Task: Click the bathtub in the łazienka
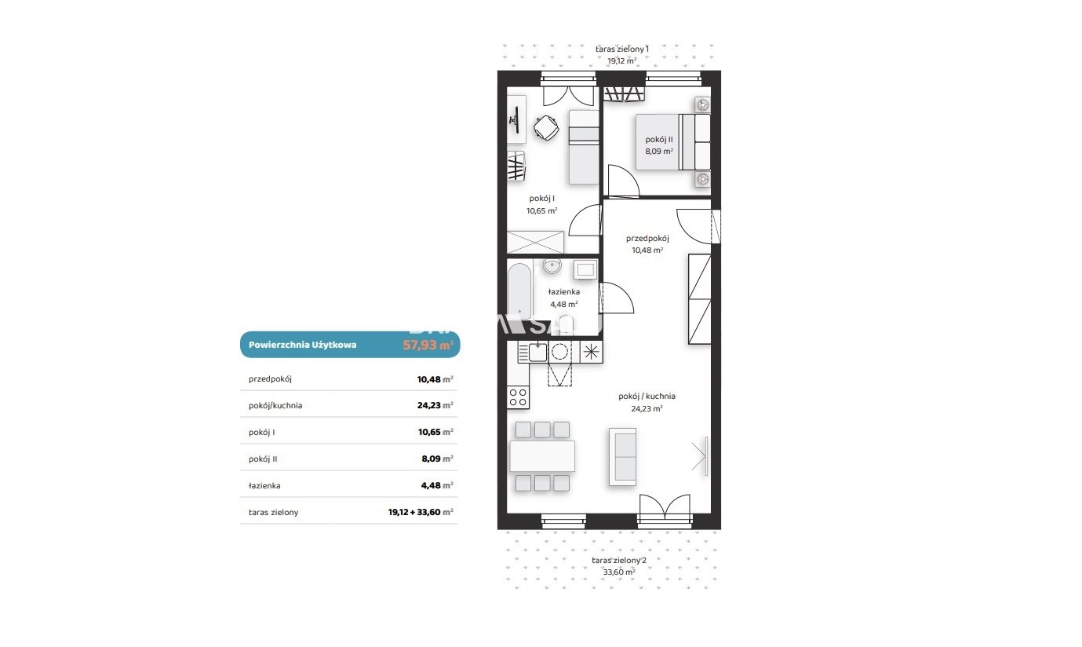(x=519, y=291)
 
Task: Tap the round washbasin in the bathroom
(x=552, y=265)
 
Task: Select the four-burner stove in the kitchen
(x=518, y=397)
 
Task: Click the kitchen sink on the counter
(x=537, y=352)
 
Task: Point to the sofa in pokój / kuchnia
(x=623, y=456)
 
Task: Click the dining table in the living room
(x=542, y=456)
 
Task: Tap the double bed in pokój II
(x=673, y=142)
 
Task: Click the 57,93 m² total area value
(x=428, y=345)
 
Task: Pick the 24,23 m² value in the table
(x=435, y=405)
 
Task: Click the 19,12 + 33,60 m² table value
(x=421, y=512)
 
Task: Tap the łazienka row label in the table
(x=264, y=485)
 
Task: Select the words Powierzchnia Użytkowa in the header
(x=302, y=345)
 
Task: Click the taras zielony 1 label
(x=622, y=49)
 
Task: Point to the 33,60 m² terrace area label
(x=619, y=572)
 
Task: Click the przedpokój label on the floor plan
(x=647, y=238)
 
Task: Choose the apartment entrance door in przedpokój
(x=696, y=226)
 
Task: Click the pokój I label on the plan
(x=541, y=198)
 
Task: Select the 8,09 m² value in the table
(x=437, y=459)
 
